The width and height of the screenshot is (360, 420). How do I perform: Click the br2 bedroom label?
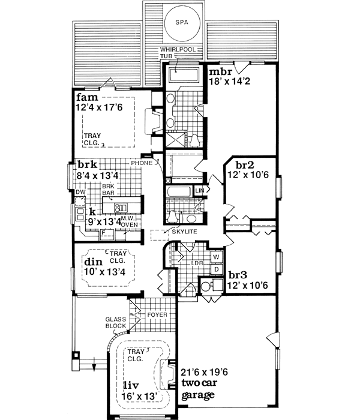(x=242, y=164)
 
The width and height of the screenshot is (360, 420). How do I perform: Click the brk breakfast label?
(x=86, y=165)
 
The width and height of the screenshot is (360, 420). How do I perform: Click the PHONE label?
(x=142, y=162)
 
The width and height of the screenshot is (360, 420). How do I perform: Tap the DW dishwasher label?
(x=80, y=191)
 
